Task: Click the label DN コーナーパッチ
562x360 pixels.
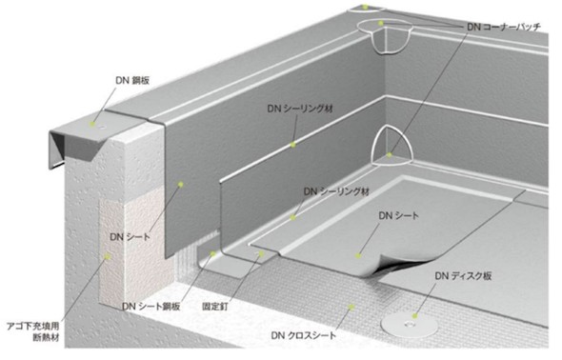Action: (504, 27)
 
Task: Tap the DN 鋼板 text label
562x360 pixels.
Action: (132, 81)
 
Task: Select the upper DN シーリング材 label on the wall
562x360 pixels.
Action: (300, 109)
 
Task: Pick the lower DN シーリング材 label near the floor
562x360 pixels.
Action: (336, 191)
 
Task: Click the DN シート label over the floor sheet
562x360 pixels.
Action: (398, 215)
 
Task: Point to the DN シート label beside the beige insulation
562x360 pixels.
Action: (130, 237)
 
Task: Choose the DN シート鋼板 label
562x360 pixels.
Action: (151, 307)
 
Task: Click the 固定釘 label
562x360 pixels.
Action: (215, 307)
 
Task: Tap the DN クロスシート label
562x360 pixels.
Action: (304, 335)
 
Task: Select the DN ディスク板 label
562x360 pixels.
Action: (463, 276)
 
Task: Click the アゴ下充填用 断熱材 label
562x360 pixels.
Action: (33, 331)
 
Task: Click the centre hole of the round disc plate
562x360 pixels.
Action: (409, 325)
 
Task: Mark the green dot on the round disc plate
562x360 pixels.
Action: (414, 316)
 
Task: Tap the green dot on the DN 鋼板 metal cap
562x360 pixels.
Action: (92, 124)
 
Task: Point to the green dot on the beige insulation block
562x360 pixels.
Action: (108, 256)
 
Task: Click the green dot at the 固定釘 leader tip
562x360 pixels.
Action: (261, 253)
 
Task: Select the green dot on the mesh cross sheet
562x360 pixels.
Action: (351, 307)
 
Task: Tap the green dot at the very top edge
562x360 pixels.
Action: (365, 7)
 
